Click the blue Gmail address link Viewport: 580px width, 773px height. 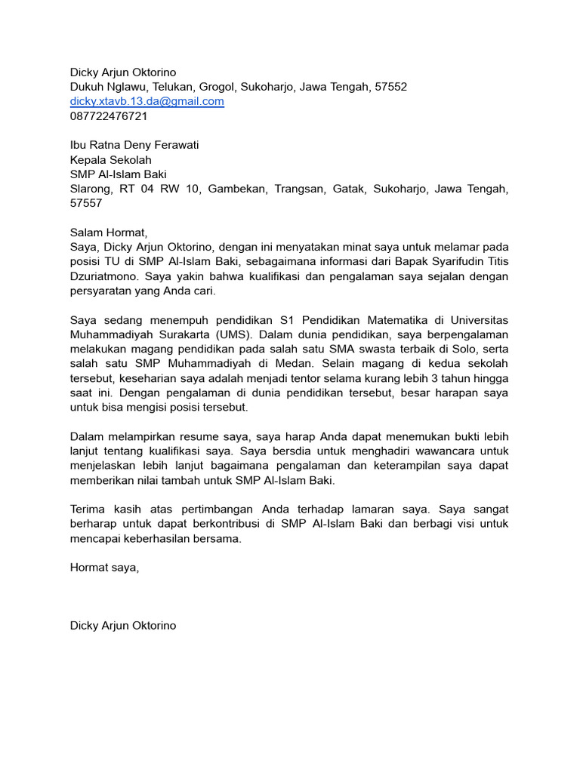click(147, 101)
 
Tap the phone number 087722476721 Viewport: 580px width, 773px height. click(109, 116)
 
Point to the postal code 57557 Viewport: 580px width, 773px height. click(86, 203)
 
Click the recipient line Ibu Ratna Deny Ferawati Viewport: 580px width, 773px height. click(134, 145)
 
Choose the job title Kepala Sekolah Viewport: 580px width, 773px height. click(110, 160)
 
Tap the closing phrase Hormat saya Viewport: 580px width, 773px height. click(104, 568)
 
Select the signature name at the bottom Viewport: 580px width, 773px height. click(123, 626)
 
